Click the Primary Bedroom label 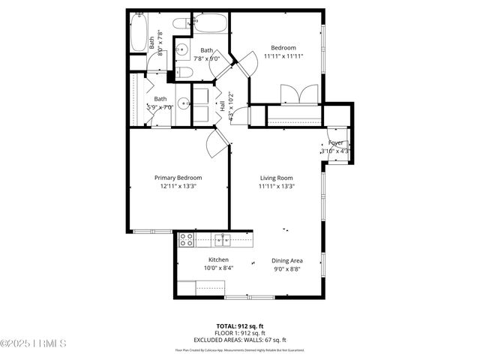click(178, 178)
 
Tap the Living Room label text click(276, 178)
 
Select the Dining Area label click(287, 260)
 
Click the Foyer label click(336, 142)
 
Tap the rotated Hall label click(222, 106)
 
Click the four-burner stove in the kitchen click(186, 240)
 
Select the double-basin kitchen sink click(223, 240)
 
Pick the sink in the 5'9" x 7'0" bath click(183, 103)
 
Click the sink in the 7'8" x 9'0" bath click(184, 50)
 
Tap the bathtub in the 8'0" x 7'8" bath click(138, 33)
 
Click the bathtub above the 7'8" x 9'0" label click(208, 24)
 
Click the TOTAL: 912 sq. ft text click(240, 326)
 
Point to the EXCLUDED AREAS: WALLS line click(240, 338)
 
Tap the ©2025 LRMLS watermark click(34, 344)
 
